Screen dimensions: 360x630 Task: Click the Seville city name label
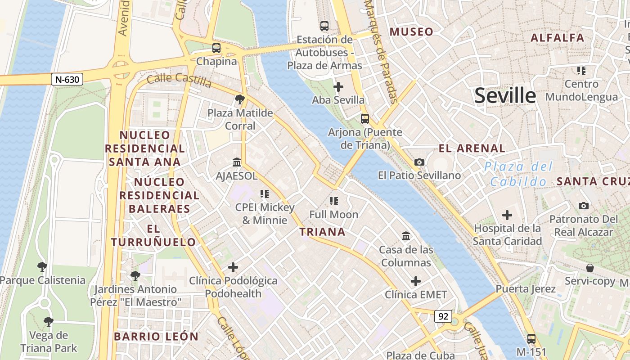505,95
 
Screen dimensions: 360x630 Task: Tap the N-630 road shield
67,80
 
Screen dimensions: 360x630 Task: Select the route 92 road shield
443,316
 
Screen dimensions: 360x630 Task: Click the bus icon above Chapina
216,48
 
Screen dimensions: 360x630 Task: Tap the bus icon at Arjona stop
365,119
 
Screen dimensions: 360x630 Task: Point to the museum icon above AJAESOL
237,162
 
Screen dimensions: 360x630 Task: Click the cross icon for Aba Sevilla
338,86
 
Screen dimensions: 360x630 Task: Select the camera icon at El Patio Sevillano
419,162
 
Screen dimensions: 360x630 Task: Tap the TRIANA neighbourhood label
323,232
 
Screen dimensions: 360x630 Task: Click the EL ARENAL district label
472,148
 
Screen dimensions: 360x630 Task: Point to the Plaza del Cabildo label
518,174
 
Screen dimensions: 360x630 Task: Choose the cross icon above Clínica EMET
416,281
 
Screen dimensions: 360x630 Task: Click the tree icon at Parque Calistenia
42,266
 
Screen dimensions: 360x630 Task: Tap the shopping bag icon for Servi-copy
590,268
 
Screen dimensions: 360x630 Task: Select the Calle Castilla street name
179,80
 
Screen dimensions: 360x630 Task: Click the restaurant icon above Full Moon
333,201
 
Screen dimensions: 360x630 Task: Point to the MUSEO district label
411,32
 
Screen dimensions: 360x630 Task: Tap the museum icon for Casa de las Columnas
406,236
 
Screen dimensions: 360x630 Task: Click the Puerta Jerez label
526,288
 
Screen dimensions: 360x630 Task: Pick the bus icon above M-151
531,338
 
